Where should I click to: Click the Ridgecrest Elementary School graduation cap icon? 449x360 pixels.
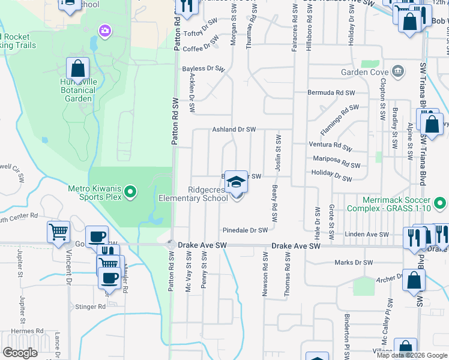pos(236,182)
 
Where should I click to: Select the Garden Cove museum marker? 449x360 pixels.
pos(397,72)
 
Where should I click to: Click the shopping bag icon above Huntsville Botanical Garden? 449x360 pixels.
pos(77,69)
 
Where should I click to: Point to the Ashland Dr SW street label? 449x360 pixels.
pos(234,130)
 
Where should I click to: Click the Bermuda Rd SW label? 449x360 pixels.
pos(331,93)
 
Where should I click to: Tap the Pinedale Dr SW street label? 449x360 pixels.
pos(245,230)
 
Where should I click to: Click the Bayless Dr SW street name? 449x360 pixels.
pos(203,69)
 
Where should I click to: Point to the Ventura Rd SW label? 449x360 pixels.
pos(330,145)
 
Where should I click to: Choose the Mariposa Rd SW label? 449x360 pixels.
pos(337,162)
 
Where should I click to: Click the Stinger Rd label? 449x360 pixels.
pos(91,307)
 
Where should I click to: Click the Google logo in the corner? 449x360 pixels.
pos(20,353)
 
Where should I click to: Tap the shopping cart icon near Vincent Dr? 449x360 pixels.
pos(59,232)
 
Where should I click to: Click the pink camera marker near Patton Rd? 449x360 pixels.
pos(106,29)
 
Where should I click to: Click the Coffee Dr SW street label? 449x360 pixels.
pos(200,47)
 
